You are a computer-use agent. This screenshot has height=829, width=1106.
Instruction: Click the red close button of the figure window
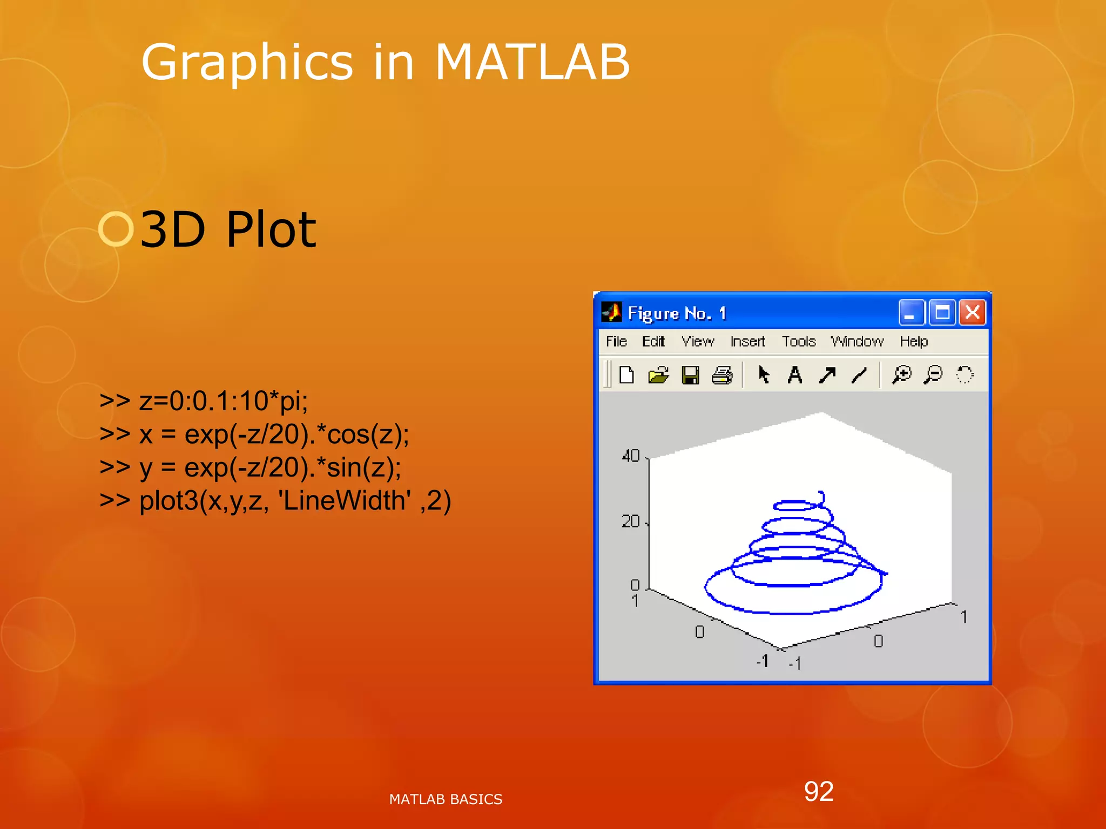[x=972, y=313]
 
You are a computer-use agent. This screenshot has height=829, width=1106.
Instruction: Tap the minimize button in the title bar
[x=911, y=313]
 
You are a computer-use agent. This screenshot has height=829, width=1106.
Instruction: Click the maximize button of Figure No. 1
[x=942, y=313]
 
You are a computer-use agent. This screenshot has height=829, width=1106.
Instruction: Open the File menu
[x=616, y=342]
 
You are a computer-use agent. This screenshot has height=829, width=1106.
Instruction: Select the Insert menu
[x=747, y=342]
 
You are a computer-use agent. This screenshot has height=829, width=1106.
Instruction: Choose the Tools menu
[x=799, y=342]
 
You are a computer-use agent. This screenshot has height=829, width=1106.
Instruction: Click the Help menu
[x=914, y=342]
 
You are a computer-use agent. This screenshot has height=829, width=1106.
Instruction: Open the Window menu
[x=857, y=342]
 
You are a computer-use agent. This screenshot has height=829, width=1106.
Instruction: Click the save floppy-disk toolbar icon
[x=690, y=375]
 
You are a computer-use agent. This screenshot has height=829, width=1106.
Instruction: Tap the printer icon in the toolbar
[x=722, y=375]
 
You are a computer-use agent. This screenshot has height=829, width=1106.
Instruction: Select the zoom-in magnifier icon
[x=901, y=374]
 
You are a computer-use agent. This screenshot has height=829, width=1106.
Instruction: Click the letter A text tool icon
[x=795, y=375]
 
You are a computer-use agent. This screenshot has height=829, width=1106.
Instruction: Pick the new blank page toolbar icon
[x=626, y=375]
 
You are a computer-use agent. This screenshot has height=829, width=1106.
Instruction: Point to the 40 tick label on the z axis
[x=631, y=456]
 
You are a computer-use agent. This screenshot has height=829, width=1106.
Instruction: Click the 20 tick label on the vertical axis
[x=631, y=521]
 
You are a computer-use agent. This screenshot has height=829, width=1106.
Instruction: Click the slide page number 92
[x=819, y=792]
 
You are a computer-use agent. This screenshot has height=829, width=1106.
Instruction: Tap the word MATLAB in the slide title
[x=532, y=63]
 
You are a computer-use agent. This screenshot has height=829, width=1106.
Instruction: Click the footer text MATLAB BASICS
[x=446, y=799]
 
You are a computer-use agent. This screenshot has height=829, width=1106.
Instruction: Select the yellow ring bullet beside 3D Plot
[x=116, y=229]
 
